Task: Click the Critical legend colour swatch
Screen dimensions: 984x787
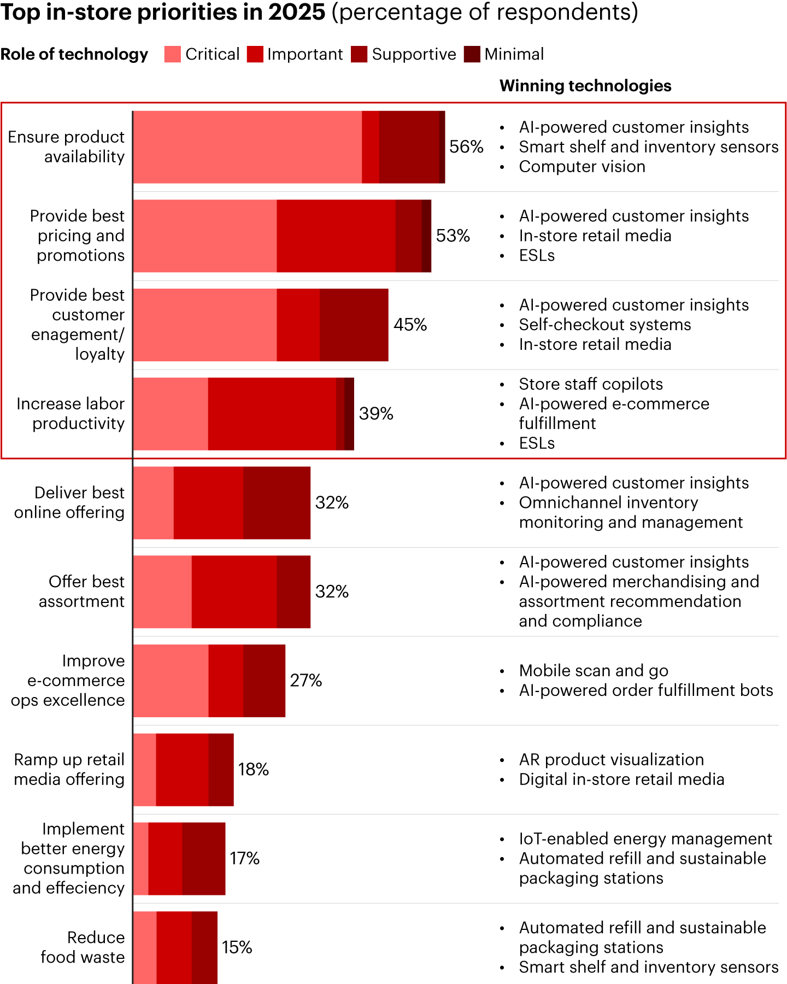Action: pyautogui.click(x=172, y=54)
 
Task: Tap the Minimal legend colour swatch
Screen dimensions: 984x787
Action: pyautogui.click(x=472, y=54)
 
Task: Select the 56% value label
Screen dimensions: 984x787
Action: pyautogui.click(x=466, y=147)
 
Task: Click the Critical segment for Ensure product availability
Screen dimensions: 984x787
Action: pyautogui.click(x=247, y=147)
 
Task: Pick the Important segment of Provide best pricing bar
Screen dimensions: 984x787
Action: pyautogui.click(x=336, y=236)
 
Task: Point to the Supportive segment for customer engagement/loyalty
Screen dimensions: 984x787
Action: pyautogui.click(x=354, y=325)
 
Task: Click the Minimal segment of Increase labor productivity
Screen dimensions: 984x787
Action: pyautogui.click(x=349, y=414)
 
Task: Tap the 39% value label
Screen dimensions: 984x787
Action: pyautogui.click(x=376, y=414)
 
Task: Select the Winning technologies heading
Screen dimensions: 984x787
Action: pyautogui.click(x=585, y=86)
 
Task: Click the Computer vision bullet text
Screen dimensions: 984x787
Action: pyautogui.click(x=582, y=167)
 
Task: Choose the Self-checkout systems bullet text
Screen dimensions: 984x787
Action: pyautogui.click(x=605, y=325)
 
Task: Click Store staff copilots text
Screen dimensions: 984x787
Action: pyautogui.click(x=591, y=384)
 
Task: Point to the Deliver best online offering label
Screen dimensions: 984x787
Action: pyautogui.click(x=69, y=502)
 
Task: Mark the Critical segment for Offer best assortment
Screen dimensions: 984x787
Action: pyautogui.click(x=162, y=591)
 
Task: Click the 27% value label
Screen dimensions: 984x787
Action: pyautogui.click(x=306, y=681)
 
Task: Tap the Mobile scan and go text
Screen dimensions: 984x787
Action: pyautogui.click(x=594, y=671)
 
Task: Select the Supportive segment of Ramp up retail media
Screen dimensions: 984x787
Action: pyautogui.click(x=221, y=770)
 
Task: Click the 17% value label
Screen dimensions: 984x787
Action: pyautogui.click(x=244, y=858)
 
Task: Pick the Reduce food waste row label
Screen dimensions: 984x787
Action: pyautogui.click(x=83, y=947)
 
